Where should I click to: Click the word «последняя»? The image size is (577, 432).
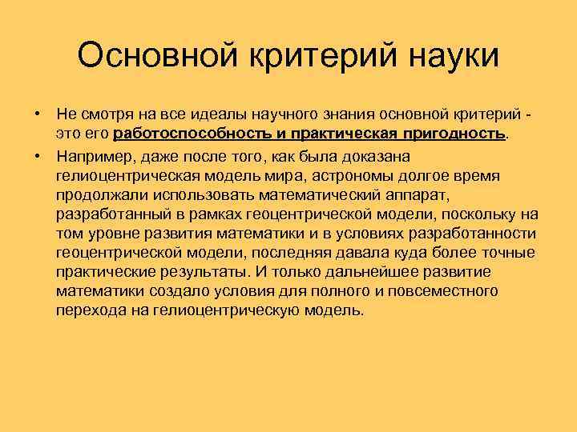tap(315, 252)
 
